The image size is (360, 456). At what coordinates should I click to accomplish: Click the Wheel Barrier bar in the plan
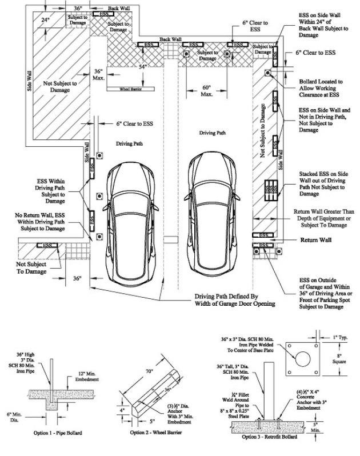pyautogui.click(x=130, y=89)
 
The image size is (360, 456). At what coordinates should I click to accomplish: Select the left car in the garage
pyautogui.click(x=130, y=225)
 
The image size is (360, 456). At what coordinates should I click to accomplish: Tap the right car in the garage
pyautogui.click(x=212, y=215)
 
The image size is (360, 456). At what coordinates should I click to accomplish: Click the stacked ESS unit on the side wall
pyautogui.click(x=271, y=190)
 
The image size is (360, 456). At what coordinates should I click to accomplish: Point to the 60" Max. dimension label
pyautogui.click(x=207, y=91)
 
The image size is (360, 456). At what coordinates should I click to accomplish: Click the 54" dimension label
pyautogui.click(x=143, y=67)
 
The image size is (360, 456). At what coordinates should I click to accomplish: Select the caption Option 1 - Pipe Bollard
pyautogui.click(x=58, y=433)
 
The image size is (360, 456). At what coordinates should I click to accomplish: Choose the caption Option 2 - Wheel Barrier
pyautogui.click(x=156, y=433)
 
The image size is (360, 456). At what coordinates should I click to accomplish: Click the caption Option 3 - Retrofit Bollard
pyautogui.click(x=270, y=437)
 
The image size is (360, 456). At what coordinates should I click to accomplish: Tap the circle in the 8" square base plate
pyautogui.click(x=303, y=359)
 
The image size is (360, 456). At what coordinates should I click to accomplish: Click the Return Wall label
pyautogui.click(x=316, y=240)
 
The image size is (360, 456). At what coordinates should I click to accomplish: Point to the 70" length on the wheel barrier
pyautogui.click(x=149, y=371)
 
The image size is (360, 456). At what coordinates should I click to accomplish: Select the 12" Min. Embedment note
pyautogui.click(x=87, y=377)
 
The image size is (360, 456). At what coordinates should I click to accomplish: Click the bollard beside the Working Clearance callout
pyautogui.click(x=267, y=73)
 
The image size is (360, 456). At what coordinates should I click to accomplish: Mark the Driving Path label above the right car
pyautogui.click(x=212, y=133)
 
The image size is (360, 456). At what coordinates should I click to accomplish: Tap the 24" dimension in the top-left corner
pyautogui.click(x=45, y=20)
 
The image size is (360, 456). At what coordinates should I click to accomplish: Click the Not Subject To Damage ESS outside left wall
pyautogui.click(x=47, y=246)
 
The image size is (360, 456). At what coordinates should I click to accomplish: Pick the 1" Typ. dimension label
pyautogui.click(x=340, y=338)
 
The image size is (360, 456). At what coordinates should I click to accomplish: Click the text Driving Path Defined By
pyautogui.click(x=226, y=297)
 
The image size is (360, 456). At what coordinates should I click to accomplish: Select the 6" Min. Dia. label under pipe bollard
pyautogui.click(x=14, y=417)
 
